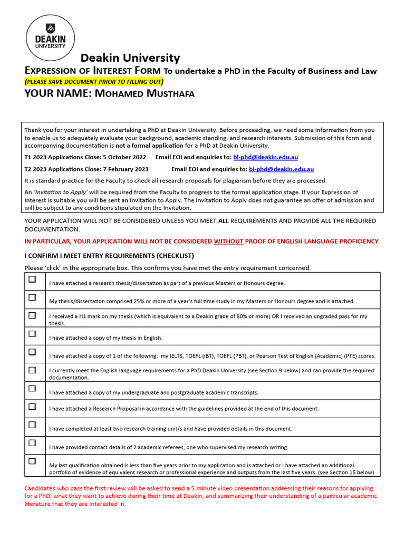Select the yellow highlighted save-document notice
(x=94, y=81)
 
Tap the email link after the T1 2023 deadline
(x=265, y=157)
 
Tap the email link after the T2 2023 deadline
(x=281, y=169)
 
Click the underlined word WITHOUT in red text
(x=228, y=241)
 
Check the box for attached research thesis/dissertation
(x=32, y=279)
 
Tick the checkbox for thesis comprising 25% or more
(x=32, y=297)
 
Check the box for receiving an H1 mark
(x=32, y=315)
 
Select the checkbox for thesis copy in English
(x=32, y=334)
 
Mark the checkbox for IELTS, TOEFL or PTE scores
(x=32, y=352)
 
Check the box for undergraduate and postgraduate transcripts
(x=32, y=389)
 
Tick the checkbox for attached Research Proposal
(x=32, y=407)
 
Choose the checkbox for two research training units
(x=32, y=425)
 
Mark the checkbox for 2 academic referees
(x=32, y=443)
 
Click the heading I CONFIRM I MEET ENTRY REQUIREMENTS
(x=109, y=256)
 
